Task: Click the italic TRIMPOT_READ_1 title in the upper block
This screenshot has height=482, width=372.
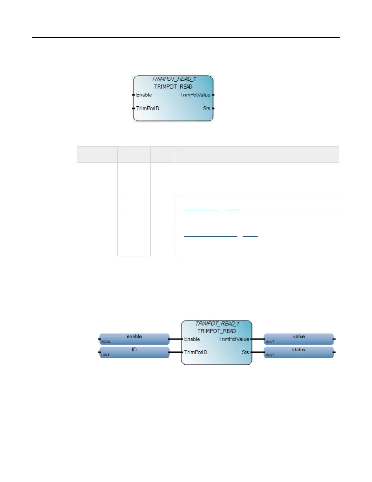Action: click(174, 79)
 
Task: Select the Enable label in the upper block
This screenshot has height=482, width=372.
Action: click(144, 95)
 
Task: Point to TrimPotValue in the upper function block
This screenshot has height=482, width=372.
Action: click(195, 95)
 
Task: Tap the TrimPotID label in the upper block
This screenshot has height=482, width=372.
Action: click(148, 108)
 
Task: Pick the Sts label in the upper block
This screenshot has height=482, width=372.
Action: click(207, 108)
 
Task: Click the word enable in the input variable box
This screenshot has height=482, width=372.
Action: click(134, 337)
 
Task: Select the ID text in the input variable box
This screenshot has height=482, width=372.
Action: click(134, 350)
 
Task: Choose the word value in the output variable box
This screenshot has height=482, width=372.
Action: click(299, 337)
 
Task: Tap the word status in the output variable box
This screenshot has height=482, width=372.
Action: click(298, 350)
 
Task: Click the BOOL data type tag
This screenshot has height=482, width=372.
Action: click(106, 342)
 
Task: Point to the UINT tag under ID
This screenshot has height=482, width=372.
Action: click(105, 355)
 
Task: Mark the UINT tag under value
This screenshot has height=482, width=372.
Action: click(270, 342)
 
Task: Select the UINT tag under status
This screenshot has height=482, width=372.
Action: click(270, 355)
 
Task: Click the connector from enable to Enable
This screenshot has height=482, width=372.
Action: click(175, 339)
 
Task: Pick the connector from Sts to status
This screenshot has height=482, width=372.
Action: click(258, 352)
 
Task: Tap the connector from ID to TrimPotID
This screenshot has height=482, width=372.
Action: click(175, 352)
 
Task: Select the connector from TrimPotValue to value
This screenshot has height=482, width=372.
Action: click(258, 339)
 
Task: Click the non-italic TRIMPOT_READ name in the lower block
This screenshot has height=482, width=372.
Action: click(216, 331)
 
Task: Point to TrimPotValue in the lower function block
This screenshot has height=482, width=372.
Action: click(234, 339)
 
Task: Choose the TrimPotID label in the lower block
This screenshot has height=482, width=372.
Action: click(196, 352)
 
